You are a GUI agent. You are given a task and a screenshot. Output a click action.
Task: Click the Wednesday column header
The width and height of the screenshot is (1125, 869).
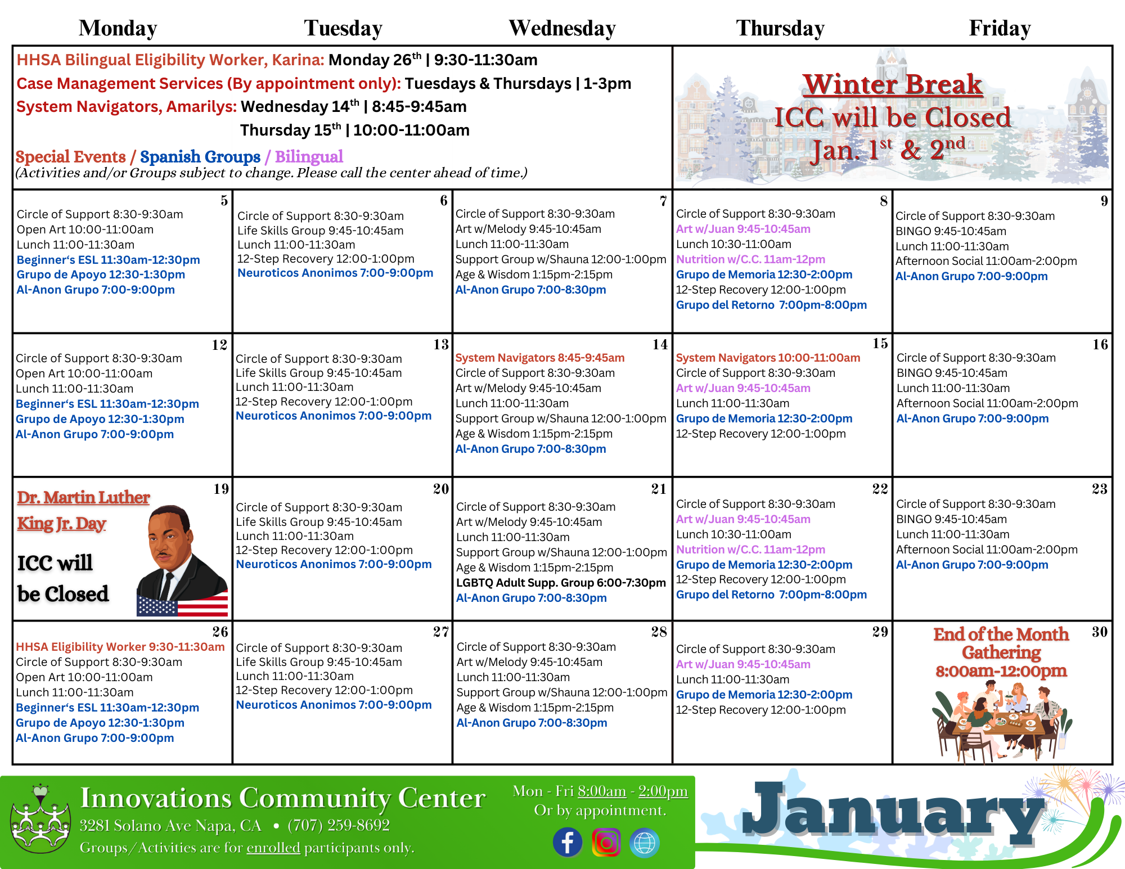click(562, 28)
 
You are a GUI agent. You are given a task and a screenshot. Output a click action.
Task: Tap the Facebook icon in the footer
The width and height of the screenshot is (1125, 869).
click(567, 842)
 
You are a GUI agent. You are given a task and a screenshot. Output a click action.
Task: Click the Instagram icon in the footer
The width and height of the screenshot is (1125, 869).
click(606, 842)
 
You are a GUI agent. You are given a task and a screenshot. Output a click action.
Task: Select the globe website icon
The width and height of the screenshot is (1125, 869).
click(644, 843)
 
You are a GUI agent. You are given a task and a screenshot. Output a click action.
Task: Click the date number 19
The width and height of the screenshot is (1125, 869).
click(221, 489)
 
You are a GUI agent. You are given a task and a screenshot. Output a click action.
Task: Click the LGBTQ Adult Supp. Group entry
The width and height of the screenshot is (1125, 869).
click(560, 583)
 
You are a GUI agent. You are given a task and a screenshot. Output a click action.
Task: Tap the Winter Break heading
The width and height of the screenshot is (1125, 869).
click(892, 84)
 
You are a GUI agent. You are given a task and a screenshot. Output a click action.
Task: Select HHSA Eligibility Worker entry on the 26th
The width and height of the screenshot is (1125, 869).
click(120, 647)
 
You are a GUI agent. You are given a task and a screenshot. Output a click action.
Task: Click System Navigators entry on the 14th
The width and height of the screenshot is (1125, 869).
click(539, 358)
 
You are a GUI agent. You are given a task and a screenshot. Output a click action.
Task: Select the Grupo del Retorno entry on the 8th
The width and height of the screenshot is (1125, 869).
click(771, 305)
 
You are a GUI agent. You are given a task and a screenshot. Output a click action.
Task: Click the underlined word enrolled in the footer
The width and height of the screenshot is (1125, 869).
click(273, 847)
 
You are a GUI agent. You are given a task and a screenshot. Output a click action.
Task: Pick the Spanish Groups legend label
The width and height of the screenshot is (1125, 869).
click(200, 156)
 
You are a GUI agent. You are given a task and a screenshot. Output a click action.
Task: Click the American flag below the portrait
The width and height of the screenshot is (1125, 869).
click(182, 606)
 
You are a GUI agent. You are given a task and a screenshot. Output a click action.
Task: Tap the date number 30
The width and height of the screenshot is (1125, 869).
click(1099, 632)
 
